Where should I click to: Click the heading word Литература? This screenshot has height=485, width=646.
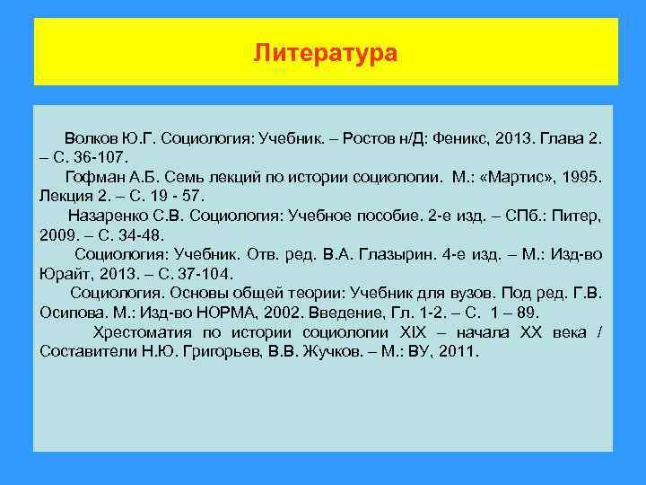(x=325, y=54)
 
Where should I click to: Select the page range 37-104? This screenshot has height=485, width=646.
(x=179, y=273)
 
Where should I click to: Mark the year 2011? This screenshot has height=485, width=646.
(x=460, y=350)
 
